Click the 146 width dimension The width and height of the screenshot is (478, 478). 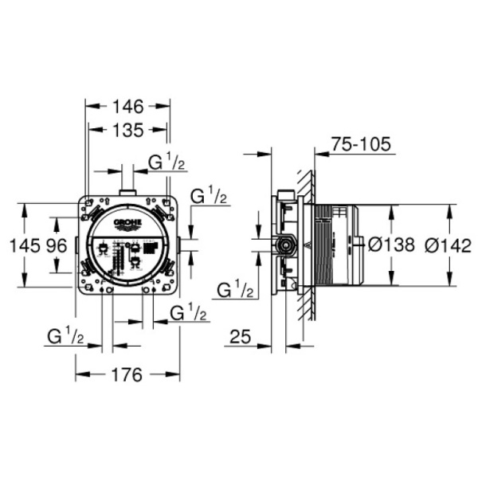click(x=127, y=107)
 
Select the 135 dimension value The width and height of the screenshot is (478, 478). click(x=127, y=130)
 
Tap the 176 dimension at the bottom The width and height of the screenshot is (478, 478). click(x=127, y=374)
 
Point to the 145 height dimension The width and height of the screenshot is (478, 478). click(x=25, y=245)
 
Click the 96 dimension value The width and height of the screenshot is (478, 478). click(x=57, y=245)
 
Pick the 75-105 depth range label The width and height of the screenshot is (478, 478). click(x=361, y=144)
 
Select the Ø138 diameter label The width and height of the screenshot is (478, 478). click(x=391, y=245)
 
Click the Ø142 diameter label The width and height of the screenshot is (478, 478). click(x=448, y=245)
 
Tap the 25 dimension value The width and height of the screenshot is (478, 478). click(x=241, y=336)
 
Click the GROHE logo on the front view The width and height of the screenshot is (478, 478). click(x=127, y=223)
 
